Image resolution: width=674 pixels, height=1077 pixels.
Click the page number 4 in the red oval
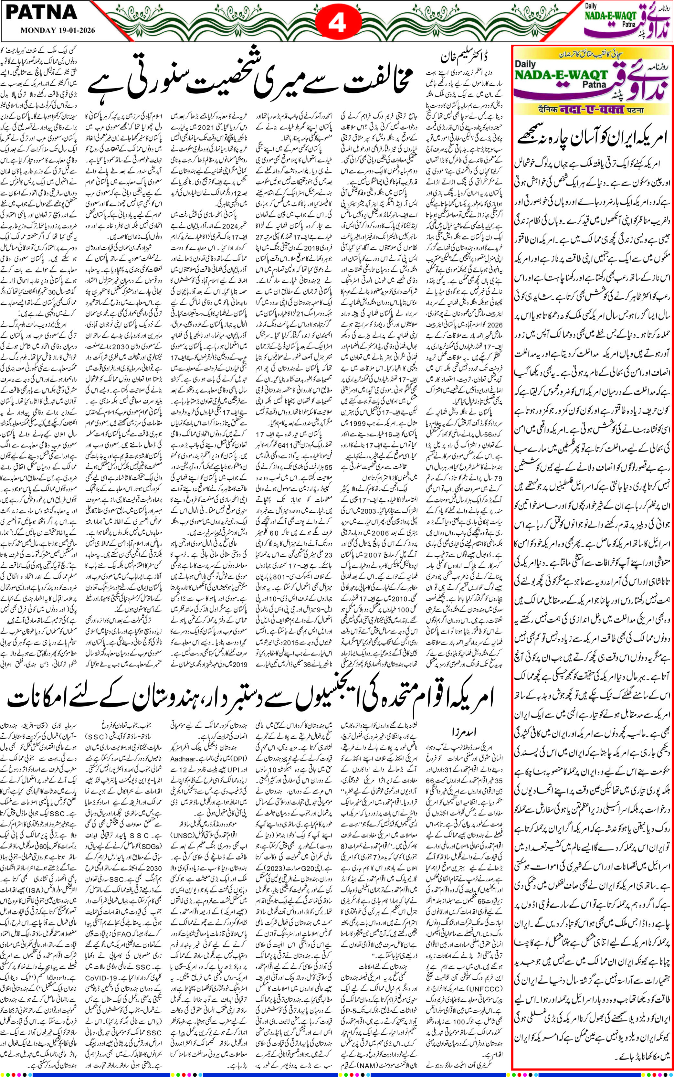(x=337, y=24)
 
